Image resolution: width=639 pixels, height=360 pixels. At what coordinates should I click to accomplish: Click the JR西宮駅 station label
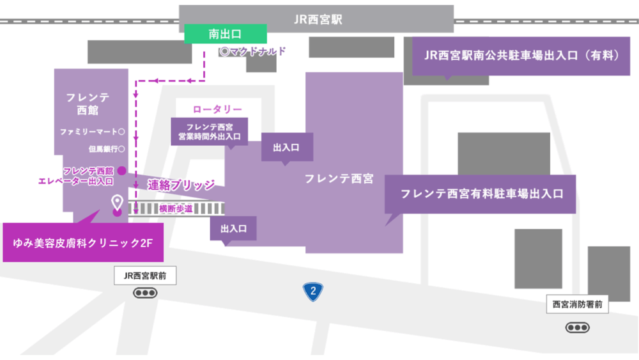click(318, 19)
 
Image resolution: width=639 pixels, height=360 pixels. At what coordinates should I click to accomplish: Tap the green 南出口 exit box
click(226, 34)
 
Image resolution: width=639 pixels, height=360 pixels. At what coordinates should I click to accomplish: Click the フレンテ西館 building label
click(88, 103)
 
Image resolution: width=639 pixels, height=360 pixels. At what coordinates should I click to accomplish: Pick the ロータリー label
click(217, 109)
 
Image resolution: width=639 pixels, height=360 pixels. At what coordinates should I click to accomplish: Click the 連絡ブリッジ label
click(181, 185)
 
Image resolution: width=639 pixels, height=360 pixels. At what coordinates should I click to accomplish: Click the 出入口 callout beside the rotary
click(286, 147)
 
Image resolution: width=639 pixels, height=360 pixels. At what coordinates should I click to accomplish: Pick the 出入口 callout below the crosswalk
click(233, 227)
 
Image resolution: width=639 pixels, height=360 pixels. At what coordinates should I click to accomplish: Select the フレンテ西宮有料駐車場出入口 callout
click(481, 193)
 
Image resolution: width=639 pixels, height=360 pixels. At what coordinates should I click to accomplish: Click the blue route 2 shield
click(312, 292)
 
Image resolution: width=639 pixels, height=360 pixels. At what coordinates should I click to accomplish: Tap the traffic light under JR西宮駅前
click(145, 293)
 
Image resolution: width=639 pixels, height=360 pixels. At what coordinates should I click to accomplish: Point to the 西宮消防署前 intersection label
click(577, 304)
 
